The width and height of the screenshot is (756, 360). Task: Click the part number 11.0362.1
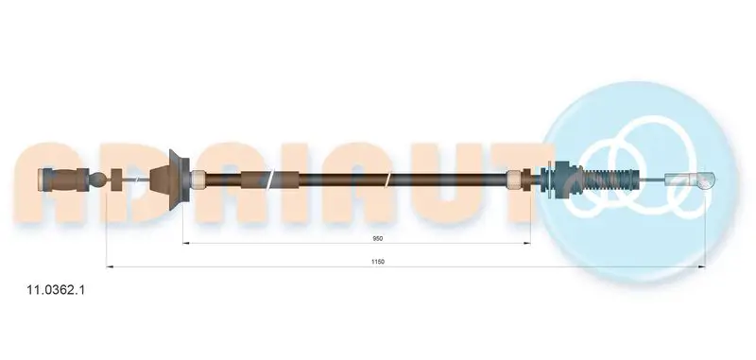pos(57,290)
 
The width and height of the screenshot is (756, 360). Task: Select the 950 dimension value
pos(379,238)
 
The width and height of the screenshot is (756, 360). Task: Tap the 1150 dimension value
pos(378,262)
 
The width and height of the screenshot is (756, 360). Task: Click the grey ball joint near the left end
pos(98,180)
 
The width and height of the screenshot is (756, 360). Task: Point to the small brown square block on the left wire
pos(117,180)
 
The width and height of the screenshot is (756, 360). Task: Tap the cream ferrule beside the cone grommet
pos(198,180)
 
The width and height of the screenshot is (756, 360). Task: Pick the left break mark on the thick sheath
pos(270,180)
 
